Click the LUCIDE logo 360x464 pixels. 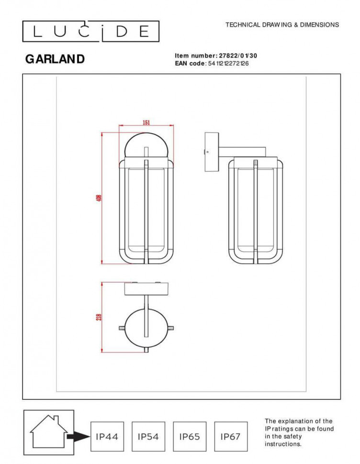91,32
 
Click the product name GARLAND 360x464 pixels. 55,59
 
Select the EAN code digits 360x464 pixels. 228,63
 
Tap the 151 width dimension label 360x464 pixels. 146,122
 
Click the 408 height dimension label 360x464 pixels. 99,198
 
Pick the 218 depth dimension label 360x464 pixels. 99,317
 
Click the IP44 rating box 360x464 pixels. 107,436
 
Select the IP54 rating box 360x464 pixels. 148,436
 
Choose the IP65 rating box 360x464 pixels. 190,436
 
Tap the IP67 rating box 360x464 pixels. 231,436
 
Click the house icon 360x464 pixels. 48,431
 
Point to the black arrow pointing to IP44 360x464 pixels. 77,436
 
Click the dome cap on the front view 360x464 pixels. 146,145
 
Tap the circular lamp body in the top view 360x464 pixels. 146,328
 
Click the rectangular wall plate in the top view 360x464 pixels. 146,288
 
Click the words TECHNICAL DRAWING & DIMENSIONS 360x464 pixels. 282,25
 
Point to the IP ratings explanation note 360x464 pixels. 299,432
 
